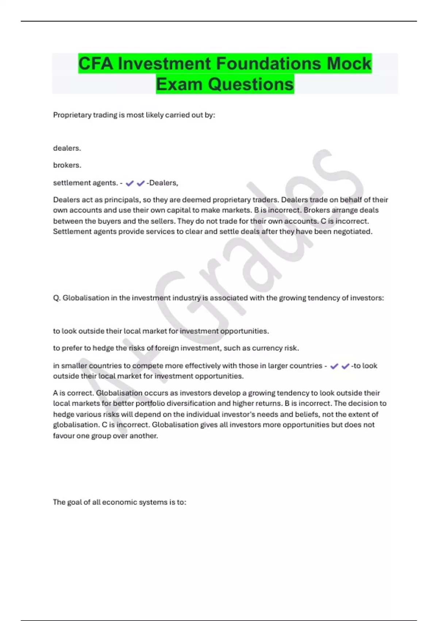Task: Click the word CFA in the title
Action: pyautogui.click(x=96, y=64)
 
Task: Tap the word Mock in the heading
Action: pyautogui.click(x=349, y=64)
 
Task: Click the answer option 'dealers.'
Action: pyautogui.click(x=67, y=148)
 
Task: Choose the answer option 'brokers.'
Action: pyautogui.click(x=67, y=165)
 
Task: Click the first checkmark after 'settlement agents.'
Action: pyautogui.click(x=130, y=183)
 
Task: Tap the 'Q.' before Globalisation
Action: pyautogui.click(x=57, y=298)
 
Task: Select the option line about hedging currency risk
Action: pyautogui.click(x=176, y=348)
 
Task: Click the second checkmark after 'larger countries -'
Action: pyautogui.click(x=345, y=366)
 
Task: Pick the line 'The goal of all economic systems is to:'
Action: pyautogui.click(x=119, y=502)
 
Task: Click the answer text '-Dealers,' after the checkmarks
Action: pyautogui.click(x=162, y=183)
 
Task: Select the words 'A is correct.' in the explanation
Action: pyautogui.click(x=73, y=393)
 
